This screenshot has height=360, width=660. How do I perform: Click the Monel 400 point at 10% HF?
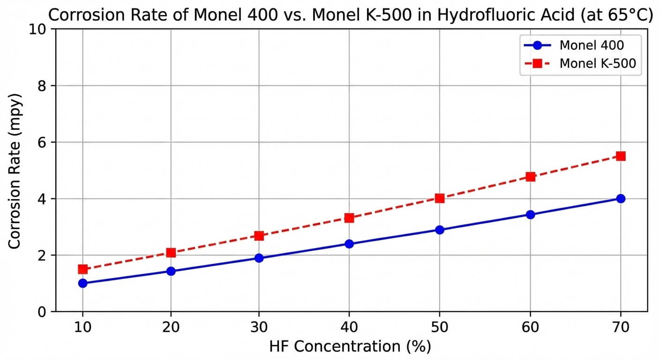[83, 283]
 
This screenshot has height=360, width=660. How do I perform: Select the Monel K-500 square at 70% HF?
[621, 156]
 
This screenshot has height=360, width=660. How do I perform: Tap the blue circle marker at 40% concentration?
[349, 244]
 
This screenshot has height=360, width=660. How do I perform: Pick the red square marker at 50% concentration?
[439, 198]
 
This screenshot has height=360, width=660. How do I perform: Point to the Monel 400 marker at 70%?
[621, 198]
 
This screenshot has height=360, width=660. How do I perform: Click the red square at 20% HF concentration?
[171, 253]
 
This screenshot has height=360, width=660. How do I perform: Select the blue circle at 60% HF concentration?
[530, 215]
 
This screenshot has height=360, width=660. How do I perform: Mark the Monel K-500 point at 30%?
[259, 235]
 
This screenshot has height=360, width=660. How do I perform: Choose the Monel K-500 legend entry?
[597, 64]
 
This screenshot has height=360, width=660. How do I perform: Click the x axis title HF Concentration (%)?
[350, 347]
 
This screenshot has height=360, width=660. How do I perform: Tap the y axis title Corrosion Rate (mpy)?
[15, 170]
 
